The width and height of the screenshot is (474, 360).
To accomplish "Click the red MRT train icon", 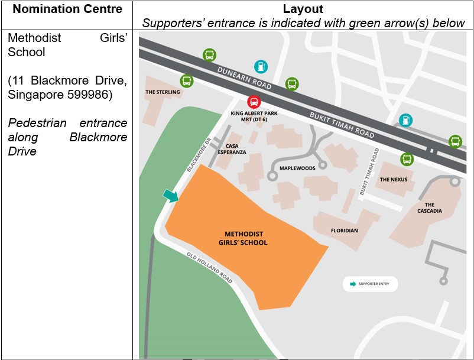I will click(x=254, y=102).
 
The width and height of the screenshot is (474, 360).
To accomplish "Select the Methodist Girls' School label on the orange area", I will click(x=246, y=238).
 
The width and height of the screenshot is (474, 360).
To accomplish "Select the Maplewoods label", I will click(x=297, y=168).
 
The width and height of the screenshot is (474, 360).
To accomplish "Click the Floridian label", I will click(x=344, y=231).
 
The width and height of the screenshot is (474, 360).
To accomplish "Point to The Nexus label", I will click(x=393, y=179).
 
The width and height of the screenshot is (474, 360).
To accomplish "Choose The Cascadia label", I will click(x=429, y=208).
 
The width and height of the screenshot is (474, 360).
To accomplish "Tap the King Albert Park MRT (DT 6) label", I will click(x=254, y=116).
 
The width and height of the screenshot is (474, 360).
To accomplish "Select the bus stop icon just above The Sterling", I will click(x=186, y=80).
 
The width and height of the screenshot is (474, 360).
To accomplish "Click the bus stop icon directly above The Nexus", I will click(x=407, y=159).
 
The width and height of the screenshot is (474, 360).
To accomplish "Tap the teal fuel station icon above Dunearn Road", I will click(x=261, y=66).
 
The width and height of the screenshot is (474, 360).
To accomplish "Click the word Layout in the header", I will click(x=303, y=9).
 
